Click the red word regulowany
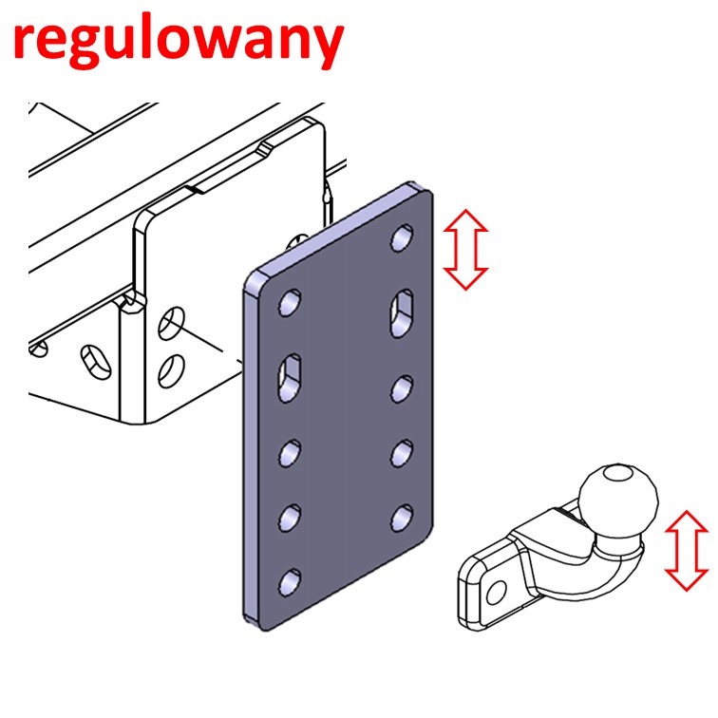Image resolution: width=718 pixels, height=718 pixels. pyautogui.click(x=178, y=40)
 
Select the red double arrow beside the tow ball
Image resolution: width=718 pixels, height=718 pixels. pyautogui.click(x=688, y=550)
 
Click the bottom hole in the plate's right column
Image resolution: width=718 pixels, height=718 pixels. pyautogui.click(x=403, y=517)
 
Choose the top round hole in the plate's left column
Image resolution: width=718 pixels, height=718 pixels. pyautogui.click(x=288, y=304)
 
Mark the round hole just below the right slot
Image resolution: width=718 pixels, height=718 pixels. pyautogui.click(x=403, y=387)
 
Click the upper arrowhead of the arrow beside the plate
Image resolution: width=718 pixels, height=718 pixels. pyautogui.click(x=465, y=219)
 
